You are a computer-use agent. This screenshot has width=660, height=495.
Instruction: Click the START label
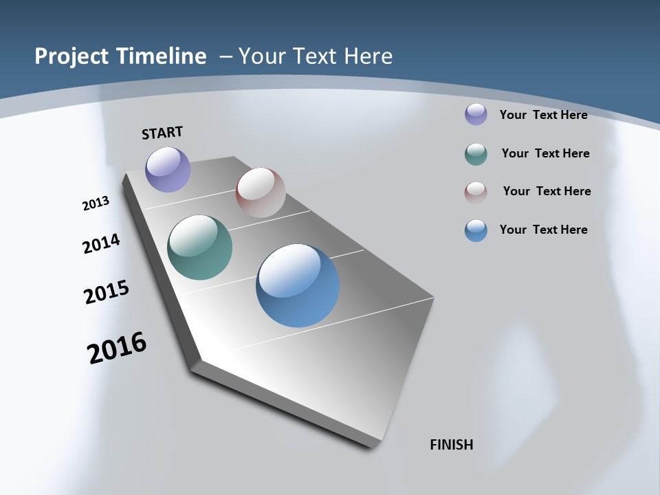pos(162,133)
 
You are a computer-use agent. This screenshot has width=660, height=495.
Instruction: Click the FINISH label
pos(451,445)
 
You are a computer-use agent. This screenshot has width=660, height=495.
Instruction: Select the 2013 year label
pos(96,203)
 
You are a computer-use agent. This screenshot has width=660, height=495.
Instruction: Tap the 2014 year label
pos(101,243)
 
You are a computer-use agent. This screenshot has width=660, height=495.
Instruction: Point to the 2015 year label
pos(106,292)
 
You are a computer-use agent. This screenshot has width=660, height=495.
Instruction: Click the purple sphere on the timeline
pos(168,169)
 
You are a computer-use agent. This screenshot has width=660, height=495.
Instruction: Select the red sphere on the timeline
pos(261,192)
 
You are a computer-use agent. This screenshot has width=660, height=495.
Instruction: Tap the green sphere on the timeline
pos(199,247)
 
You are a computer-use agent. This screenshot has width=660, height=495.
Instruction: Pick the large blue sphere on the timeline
pos(298,285)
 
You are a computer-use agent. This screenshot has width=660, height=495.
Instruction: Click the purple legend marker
pos(476,114)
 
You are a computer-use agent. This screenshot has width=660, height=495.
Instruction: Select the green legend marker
pos(476,154)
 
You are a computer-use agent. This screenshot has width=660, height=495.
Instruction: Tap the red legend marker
pos(476,192)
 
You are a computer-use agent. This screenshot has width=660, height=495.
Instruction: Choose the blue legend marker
pos(476,230)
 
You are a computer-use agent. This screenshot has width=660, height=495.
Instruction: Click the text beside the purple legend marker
pos(543,115)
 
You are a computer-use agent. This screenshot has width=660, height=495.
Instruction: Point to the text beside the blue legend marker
pos(543,230)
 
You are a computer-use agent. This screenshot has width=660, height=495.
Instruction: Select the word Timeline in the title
pos(165,56)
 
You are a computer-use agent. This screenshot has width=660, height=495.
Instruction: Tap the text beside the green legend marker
pos(545,153)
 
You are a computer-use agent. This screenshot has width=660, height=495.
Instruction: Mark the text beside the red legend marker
pos(547,191)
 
